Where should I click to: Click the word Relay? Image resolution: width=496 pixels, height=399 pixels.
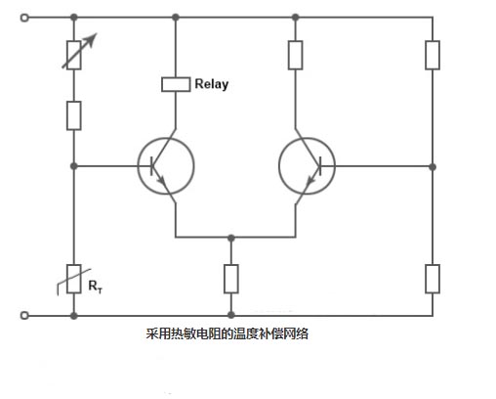[x=212, y=84]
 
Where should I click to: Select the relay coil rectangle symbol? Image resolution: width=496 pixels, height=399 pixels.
[x=176, y=84]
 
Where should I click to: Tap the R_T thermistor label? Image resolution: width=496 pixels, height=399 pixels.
[x=95, y=287]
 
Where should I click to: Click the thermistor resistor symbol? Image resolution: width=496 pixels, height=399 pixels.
[x=74, y=279]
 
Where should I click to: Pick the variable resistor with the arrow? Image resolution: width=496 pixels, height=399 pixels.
[x=74, y=55]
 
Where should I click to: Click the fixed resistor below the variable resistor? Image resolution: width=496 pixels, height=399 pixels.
[x=74, y=115]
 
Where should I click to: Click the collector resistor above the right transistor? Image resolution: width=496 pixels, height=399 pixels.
[x=296, y=55]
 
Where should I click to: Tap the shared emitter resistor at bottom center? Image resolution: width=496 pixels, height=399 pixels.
[x=231, y=279]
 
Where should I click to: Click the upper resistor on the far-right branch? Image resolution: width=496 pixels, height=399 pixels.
[x=433, y=55]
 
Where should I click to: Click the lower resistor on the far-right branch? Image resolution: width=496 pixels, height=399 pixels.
[x=433, y=279]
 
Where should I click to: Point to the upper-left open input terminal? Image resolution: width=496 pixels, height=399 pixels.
[x=24, y=18]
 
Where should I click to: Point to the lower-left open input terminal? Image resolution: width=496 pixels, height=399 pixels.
[x=24, y=316]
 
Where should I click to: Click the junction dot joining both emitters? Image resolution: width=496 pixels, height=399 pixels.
[x=231, y=238]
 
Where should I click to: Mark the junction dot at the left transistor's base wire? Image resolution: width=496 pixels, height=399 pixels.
[x=74, y=166]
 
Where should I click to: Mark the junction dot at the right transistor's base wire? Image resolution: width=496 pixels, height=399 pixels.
[x=433, y=167]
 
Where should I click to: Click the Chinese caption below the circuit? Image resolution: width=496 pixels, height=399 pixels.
[x=227, y=333]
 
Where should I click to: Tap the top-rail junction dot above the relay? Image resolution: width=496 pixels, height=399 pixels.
[x=176, y=17]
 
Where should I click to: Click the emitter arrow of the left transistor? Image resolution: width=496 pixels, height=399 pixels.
[x=160, y=179]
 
